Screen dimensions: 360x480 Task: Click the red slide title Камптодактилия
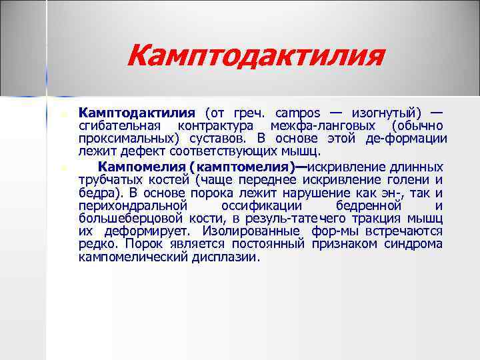[256, 55]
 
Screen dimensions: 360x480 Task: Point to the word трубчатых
[109, 179]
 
